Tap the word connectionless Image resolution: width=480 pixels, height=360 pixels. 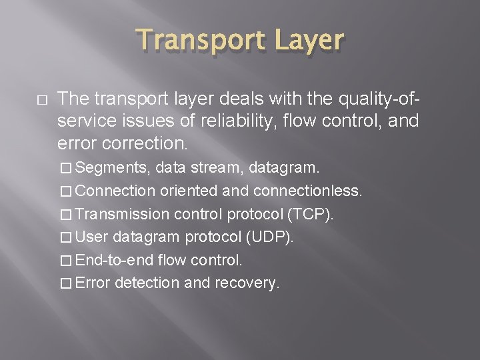tap(308, 191)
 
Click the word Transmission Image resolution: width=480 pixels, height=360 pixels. tap(123, 214)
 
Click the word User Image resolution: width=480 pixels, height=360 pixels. tap(93, 237)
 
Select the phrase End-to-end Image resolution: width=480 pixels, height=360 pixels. tap(111, 259)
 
